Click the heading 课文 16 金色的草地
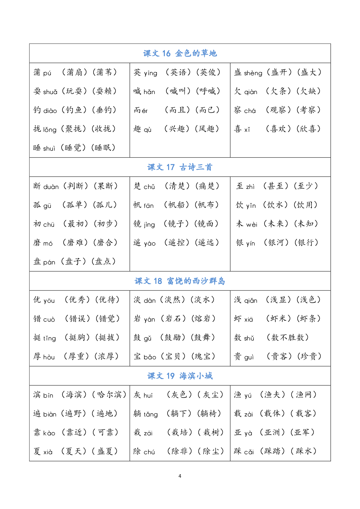coord(180,53)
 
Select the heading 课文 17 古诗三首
coord(180,167)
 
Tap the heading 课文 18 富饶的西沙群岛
coord(180,281)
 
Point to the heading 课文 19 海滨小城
coord(180,376)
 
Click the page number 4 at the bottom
coord(180,476)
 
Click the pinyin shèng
coord(253,73)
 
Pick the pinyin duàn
coord(51,187)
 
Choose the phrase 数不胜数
coord(288,337)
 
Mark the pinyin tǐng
coord(50,338)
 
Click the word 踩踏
coord(273,451)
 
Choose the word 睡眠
coord(103,148)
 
